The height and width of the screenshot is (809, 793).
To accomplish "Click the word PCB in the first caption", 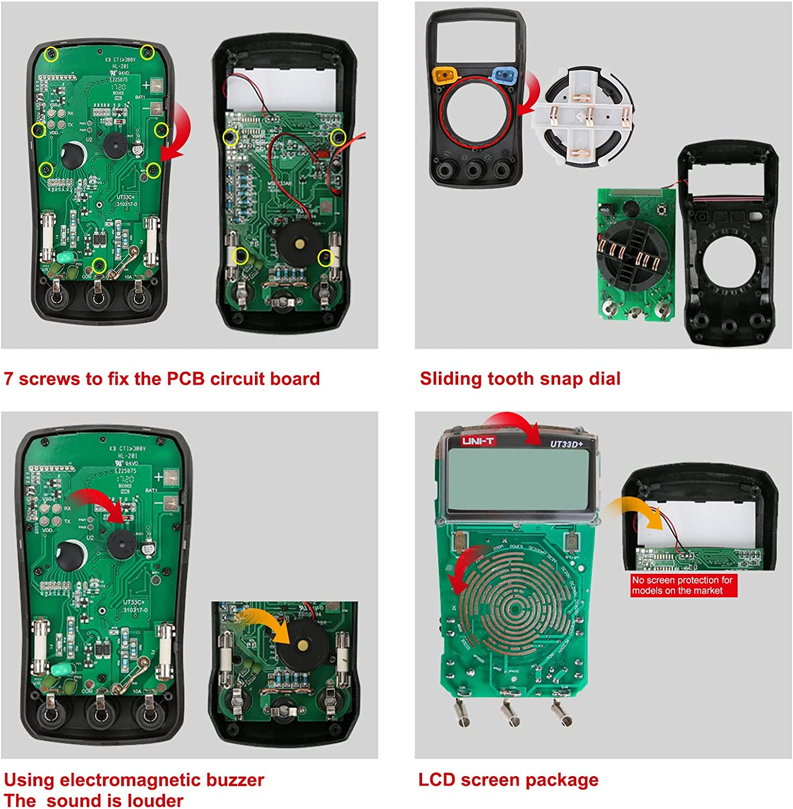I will [x=185, y=379].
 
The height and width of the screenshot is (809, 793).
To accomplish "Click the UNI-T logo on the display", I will [x=477, y=441].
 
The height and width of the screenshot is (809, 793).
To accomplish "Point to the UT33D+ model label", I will [x=566, y=444].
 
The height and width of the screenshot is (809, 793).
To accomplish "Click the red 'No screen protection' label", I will [x=682, y=585].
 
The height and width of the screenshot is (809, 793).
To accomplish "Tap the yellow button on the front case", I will [x=446, y=74].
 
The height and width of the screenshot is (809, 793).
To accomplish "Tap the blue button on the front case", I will [x=505, y=74].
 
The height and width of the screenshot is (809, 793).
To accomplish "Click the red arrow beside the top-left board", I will [x=177, y=132].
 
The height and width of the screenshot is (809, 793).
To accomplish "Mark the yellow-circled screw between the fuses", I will [x=99, y=264].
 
